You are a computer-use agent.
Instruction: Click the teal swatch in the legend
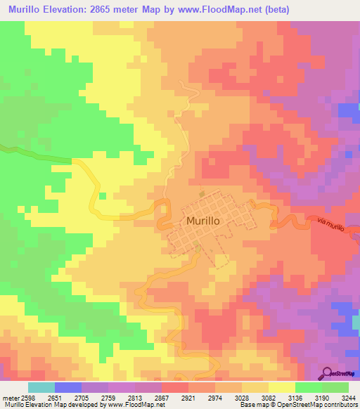pos(41,387)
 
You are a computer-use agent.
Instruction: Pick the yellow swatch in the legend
pos(281,387)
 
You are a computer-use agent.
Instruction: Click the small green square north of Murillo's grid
pos(202,193)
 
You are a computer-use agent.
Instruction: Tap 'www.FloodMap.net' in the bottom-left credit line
pos(128,405)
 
